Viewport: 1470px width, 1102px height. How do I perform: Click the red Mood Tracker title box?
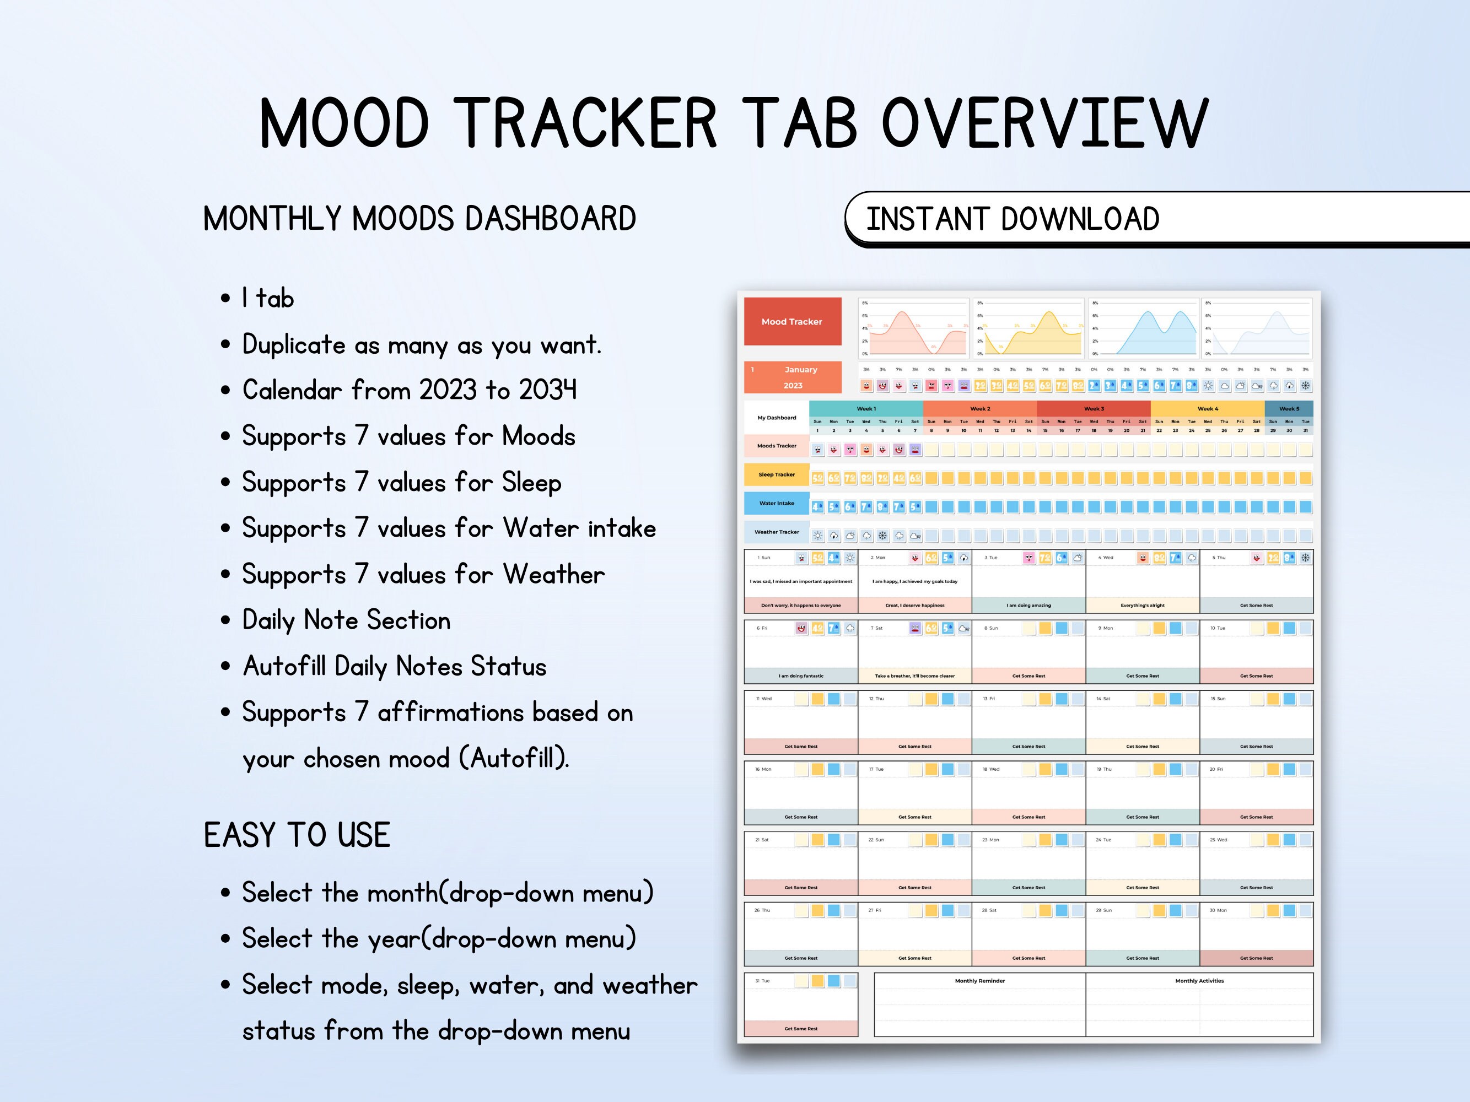tap(792, 321)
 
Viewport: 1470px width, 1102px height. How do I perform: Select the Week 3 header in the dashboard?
tap(1093, 408)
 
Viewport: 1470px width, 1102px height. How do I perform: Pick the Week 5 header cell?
tap(1289, 408)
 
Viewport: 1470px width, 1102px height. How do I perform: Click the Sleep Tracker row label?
tap(776, 474)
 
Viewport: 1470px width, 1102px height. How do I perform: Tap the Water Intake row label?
tap(776, 503)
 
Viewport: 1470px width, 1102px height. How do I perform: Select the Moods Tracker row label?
tap(776, 446)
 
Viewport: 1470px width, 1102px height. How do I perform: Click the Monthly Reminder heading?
tap(979, 980)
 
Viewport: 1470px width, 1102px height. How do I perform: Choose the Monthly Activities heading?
tap(1199, 980)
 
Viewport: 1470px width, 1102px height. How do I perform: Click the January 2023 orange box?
tap(792, 377)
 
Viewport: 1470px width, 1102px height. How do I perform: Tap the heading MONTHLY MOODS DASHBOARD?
tap(419, 219)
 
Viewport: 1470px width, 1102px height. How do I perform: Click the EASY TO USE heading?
tap(297, 835)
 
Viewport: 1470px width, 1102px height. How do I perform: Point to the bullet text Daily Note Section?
tap(346, 620)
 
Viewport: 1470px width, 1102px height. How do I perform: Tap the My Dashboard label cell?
tap(776, 418)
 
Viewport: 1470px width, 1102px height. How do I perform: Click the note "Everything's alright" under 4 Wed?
tap(1143, 605)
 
